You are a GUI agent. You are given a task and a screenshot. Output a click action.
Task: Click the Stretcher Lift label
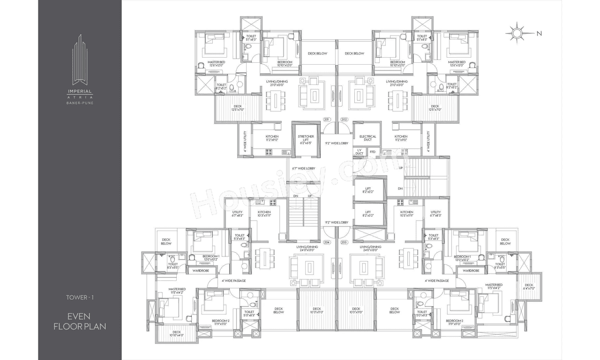pyautogui.click(x=306, y=136)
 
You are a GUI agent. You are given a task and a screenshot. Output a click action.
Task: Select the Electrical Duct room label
pyautogui.click(x=367, y=138)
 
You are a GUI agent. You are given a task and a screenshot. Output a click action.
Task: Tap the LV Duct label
pyautogui.click(x=359, y=152)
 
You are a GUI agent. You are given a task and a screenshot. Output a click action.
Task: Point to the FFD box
pyautogui.click(x=373, y=152)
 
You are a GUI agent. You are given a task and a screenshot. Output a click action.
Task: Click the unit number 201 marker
pyautogui.click(x=327, y=120)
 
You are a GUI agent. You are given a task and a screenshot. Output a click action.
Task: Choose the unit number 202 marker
pyautogui.click(x=344, y=120)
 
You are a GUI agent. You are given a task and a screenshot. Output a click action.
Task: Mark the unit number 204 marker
pyautogui.click(x=327, y=229)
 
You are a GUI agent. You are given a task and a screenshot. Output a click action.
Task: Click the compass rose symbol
pyautogui.click(x=517, y=33)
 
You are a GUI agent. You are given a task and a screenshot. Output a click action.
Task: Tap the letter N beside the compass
pyautogui.click(x=539, y=33)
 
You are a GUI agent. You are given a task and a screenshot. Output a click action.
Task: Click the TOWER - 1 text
pyautogui.click(x=80, y=297)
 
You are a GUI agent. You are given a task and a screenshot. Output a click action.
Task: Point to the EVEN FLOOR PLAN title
pyautogui.click(x=80, y=321)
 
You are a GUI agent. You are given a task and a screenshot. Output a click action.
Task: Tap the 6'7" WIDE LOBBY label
pyautogui.click(x=303, y=168)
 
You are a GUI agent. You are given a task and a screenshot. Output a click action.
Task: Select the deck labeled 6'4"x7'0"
pyautogui.click(x=529, y=288)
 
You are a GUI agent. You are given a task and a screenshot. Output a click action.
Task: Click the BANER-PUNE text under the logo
pyautogui.click(x=80, y=103)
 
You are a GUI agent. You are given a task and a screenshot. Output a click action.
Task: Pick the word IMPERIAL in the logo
pyautogui.click(x=80, y=92)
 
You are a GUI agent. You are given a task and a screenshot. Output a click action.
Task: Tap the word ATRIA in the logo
pyautogui.click(x=80, y=97)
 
